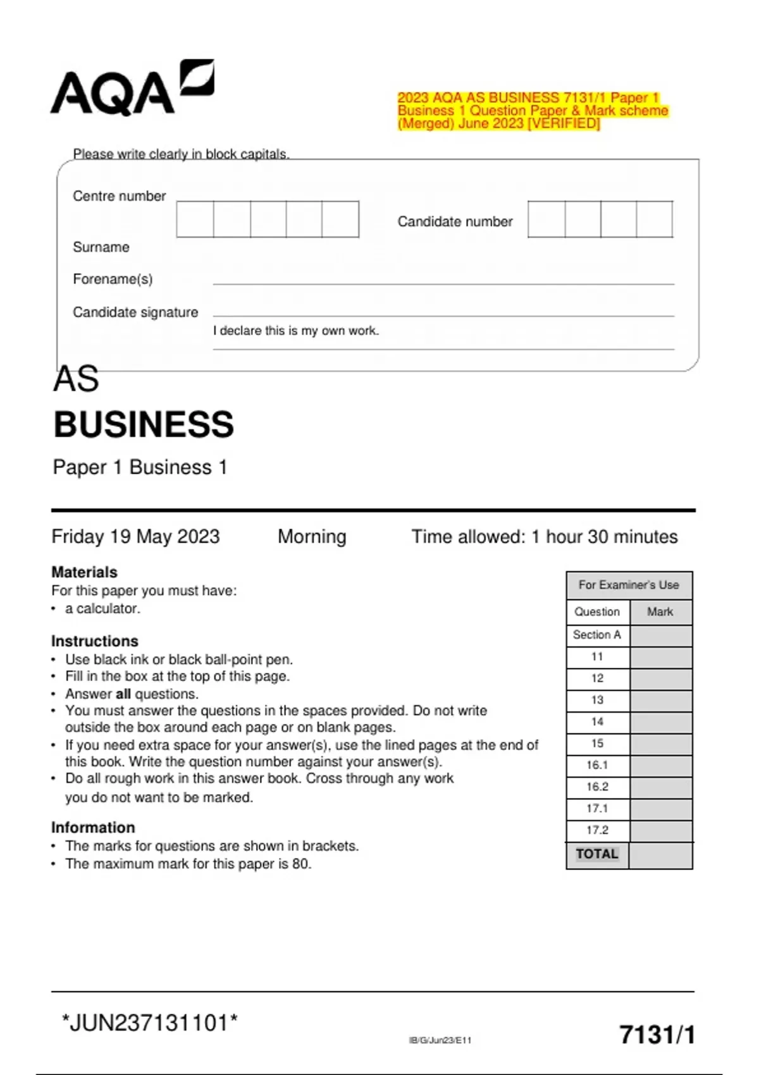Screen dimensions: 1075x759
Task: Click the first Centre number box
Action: tap(195, 219)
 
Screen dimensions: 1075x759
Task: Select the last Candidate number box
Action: tap(654, 219)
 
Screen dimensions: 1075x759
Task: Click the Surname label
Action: tap(101, 247)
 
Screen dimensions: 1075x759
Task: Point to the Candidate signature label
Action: tap(135, 312)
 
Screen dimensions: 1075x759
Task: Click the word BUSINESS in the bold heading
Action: tap(144, 424)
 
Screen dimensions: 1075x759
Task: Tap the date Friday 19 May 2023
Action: tap(135, 537)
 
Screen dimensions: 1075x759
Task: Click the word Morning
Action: tap(312, 537)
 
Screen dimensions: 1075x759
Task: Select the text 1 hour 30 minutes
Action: tap(604, 537)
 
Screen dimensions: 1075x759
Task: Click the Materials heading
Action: tap(84, 572)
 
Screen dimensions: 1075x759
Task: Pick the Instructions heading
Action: tap(94, 641)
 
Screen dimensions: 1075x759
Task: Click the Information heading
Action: tap(93, 828)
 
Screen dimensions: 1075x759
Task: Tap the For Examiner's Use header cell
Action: tap(629, 586)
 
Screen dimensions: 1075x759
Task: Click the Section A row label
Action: tap(596, 635)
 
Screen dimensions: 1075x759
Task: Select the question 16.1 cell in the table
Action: tap(596, 765)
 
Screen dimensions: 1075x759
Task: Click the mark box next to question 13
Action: tap(660, 701)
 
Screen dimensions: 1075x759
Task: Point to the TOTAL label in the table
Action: tap(596, 854)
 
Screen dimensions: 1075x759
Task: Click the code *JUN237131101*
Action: tap(150, 1023)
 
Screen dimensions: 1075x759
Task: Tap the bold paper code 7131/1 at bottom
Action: tap(657, 1035)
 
